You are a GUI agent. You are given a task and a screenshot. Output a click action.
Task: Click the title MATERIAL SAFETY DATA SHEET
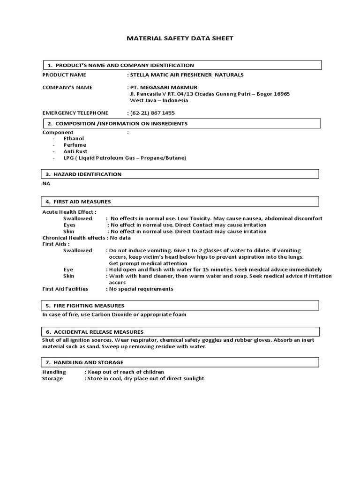point(180,38)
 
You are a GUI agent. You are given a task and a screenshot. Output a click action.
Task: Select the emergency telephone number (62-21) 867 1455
point(152,113)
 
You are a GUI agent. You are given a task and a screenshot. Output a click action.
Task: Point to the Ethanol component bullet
point(74,139)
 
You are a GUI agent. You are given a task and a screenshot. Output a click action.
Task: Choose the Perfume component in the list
point(75,145)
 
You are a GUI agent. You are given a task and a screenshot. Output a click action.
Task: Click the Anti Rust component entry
point(76,152)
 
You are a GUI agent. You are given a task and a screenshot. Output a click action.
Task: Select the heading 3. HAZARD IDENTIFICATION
point(83,174)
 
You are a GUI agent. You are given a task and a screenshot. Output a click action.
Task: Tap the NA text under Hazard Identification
point(46,184)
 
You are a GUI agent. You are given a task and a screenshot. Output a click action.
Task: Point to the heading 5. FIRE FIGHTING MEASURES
point(85,305)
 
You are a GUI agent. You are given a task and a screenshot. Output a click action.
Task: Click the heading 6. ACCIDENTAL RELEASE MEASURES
point(95,332)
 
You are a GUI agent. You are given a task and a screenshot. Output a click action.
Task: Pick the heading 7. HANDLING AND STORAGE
point(85,362)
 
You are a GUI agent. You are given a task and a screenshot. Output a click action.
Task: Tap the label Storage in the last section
point(52,378)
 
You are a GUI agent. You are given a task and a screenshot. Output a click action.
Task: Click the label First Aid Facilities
point(65,289)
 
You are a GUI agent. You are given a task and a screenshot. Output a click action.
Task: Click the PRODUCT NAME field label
point(64,75)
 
